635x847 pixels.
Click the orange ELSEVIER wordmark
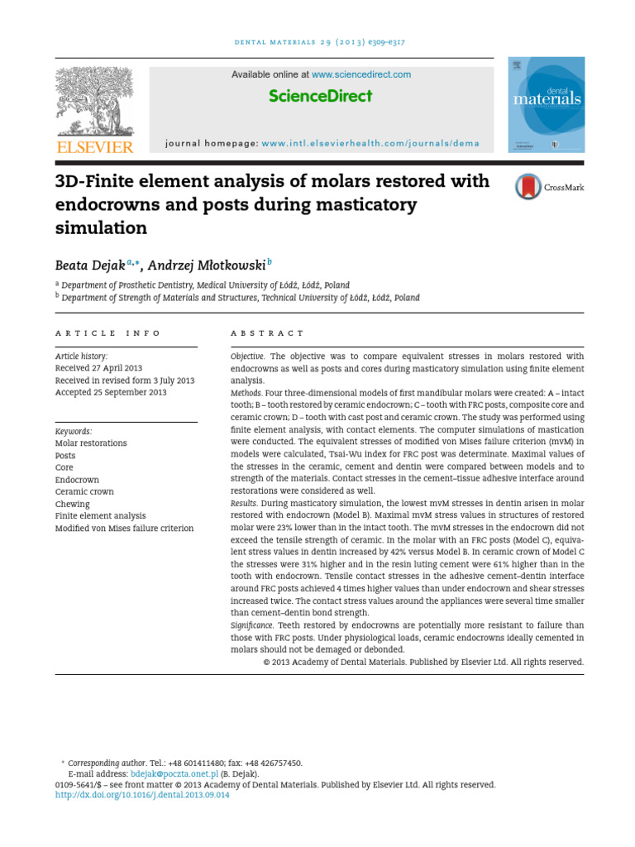pos(94,146)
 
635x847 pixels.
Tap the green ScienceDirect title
pos(320,96)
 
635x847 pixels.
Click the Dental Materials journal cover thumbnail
pos(547,104)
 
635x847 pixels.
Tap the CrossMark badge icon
pos(528,187)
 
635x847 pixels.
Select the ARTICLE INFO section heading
pos(108,333)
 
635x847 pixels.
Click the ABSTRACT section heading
pos(267,333)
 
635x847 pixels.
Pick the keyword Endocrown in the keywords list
pos(77,480)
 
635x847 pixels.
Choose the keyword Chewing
pos(73,504)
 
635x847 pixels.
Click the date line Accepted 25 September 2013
pos(111,392)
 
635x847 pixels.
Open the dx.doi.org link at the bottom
pos(142,795)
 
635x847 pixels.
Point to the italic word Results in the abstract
pos(246,503)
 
